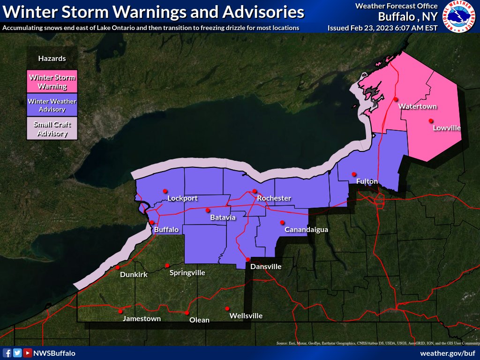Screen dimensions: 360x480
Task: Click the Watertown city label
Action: tap(417, 106)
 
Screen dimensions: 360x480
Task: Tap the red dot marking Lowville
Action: tap(430, 121)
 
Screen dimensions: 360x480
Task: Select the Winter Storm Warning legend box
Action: tap(52, 82)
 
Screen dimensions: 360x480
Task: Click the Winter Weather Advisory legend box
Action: tap(52, 105)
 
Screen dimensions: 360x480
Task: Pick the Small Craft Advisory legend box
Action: tap(52, 129)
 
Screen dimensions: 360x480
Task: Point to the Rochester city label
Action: tap(274, 198)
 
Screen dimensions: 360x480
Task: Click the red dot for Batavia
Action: tap(208, 210)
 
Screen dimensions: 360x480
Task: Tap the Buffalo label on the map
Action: tap(166, 230)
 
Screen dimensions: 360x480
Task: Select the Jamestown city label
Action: tap(142, 318)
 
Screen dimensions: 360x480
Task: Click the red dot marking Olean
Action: tap(187, 313)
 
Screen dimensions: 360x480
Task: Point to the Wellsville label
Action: tap(246, 316)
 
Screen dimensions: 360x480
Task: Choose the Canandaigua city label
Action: tap(306, 230)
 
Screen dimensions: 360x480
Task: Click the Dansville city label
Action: tap(266, 266)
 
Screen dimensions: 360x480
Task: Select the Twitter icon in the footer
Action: tap(17, 353)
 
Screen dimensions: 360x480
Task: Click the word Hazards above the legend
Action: tap(52, 59)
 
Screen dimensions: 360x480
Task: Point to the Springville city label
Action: tap(187, 272)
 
